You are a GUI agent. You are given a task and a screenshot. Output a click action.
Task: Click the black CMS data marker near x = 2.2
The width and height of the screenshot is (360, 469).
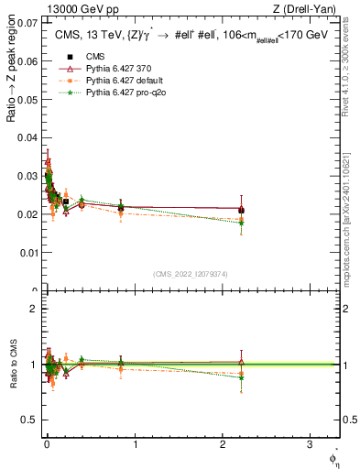point(241,211)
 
